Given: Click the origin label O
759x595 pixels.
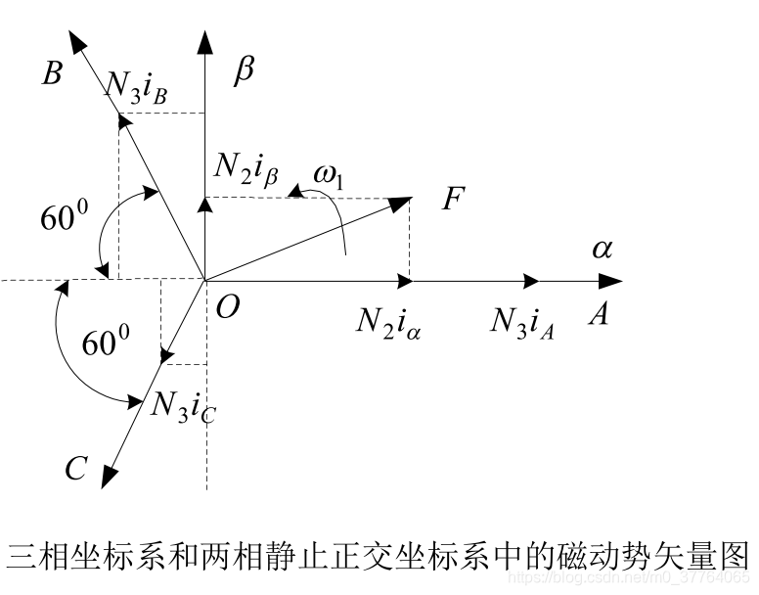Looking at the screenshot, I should tap(227, 307).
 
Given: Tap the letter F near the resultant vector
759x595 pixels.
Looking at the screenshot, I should tap(452, 200).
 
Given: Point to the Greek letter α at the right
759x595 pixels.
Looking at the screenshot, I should tap(602, 249).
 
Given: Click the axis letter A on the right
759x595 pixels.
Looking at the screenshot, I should tap(598, 313).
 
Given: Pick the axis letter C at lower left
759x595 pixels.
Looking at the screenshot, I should tap(77, 470).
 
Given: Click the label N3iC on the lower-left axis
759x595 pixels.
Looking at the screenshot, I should tap(183, 404).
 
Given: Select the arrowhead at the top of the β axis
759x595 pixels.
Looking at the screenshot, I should tap(204, 41).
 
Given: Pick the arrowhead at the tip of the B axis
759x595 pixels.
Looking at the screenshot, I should tap(75, 42).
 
